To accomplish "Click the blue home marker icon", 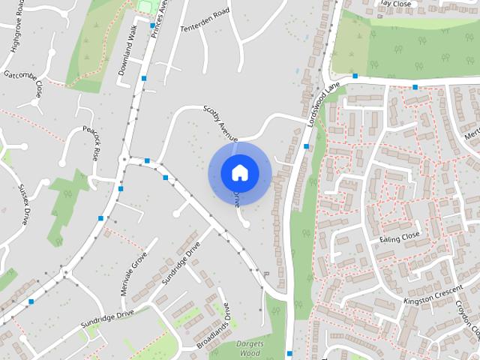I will (239, 172).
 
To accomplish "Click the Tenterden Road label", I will (203, 23).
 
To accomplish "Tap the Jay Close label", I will (397, 3).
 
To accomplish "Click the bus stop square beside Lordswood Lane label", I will (306, 146).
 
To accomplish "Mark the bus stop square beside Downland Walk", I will (142, 78).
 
